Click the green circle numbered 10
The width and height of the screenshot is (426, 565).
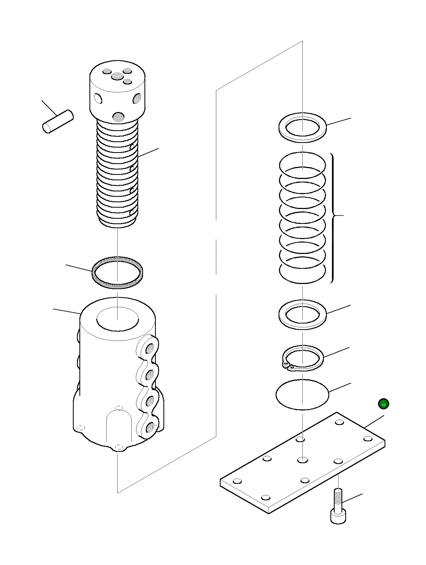(383, 412)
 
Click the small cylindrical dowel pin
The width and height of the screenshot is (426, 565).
(58, 121)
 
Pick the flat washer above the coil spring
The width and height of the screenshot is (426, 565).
(302, 127)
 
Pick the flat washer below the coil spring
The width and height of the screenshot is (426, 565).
(302, 314)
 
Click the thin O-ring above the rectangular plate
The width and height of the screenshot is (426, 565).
(302, 394)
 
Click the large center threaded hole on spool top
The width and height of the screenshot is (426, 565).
(117, 77)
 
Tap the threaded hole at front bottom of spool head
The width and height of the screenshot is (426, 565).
(117, 117)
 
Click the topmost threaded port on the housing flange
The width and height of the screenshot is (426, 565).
(149, 349)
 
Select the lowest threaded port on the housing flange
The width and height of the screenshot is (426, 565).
(150, 428)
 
